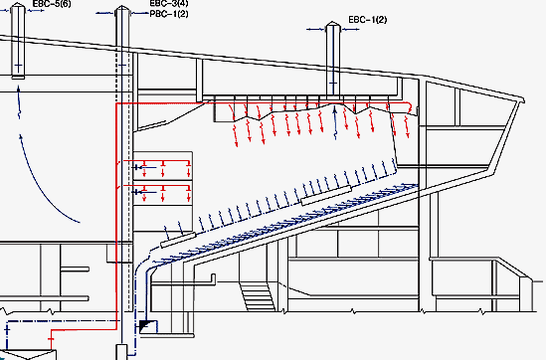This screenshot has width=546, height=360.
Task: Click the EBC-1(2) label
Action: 367,20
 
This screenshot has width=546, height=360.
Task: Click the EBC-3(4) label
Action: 169,4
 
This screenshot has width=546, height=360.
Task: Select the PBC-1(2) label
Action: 169,14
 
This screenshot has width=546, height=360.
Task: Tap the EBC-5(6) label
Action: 52,4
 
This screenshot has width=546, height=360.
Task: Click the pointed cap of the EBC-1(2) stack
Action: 333,25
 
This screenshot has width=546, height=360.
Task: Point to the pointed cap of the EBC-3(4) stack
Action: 122,9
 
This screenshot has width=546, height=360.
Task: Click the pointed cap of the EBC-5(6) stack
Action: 18,6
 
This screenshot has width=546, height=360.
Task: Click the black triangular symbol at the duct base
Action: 144,326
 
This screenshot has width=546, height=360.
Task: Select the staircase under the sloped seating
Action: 257,296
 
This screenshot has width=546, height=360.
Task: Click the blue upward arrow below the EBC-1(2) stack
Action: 335,122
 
